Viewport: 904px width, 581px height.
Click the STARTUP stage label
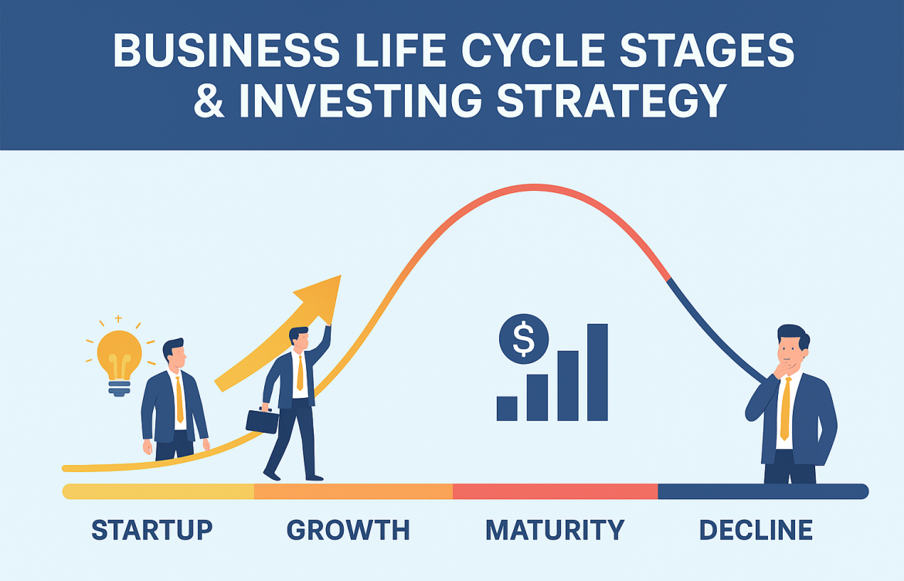point(151,530)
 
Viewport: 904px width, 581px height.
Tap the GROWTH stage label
point(348,530)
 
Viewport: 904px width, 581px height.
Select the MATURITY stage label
point(554,530)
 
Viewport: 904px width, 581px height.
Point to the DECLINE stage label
point(756,530)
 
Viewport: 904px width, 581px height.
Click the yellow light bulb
point(118,356)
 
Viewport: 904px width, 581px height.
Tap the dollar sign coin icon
point(524,338)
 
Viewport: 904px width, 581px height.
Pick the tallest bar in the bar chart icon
point(597,372)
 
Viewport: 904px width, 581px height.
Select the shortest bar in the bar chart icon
point(507,409)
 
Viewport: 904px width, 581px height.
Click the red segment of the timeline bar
point(555,491)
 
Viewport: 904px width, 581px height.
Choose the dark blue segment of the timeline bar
point(762,491)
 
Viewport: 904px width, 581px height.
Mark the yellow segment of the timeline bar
point(158,491)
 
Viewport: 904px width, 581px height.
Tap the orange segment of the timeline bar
point(353,491)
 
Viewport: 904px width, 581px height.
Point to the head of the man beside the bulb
point(174,354)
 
